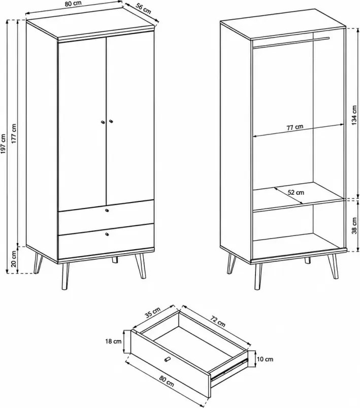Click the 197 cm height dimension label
click(x=3, y=147)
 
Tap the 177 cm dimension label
click(x=14, y=133)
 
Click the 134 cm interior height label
click(x=354, y=116)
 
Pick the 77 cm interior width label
click(x=295, y=127)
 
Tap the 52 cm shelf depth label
click(x=296, y=192)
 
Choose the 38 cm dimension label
click(x=354, y=226)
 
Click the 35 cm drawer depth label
click(x=152, y=313)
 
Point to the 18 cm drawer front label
click(x=114, y=341)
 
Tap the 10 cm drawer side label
click(x=265, y=359)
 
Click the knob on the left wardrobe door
click(x=103, y=122)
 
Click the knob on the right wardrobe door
click(x=111, y=121)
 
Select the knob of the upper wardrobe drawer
click(x=107, y=210)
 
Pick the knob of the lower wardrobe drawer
click(x=107, y=234)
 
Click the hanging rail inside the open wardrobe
click(x=291, y=43)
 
